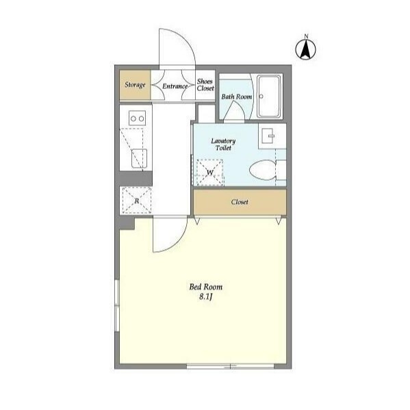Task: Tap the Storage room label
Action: pos(135,85)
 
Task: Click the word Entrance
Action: pos(175,86)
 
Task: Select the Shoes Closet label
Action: pos(205,85)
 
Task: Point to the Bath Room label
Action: pos(237,97)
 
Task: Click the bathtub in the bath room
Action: pos(269,97)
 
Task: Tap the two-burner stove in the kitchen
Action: pos(138,118)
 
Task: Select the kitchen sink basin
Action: pos(139,159)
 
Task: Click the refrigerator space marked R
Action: pos(136,201)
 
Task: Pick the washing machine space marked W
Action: pos(210,172)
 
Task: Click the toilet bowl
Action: pos(263,170)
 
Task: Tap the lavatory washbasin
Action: pos(268,136)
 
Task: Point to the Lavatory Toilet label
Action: pos(223,144)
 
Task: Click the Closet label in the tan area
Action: pos(240,202)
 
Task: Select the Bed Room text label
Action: pos(206,287)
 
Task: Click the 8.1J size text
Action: pos(205,297)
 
